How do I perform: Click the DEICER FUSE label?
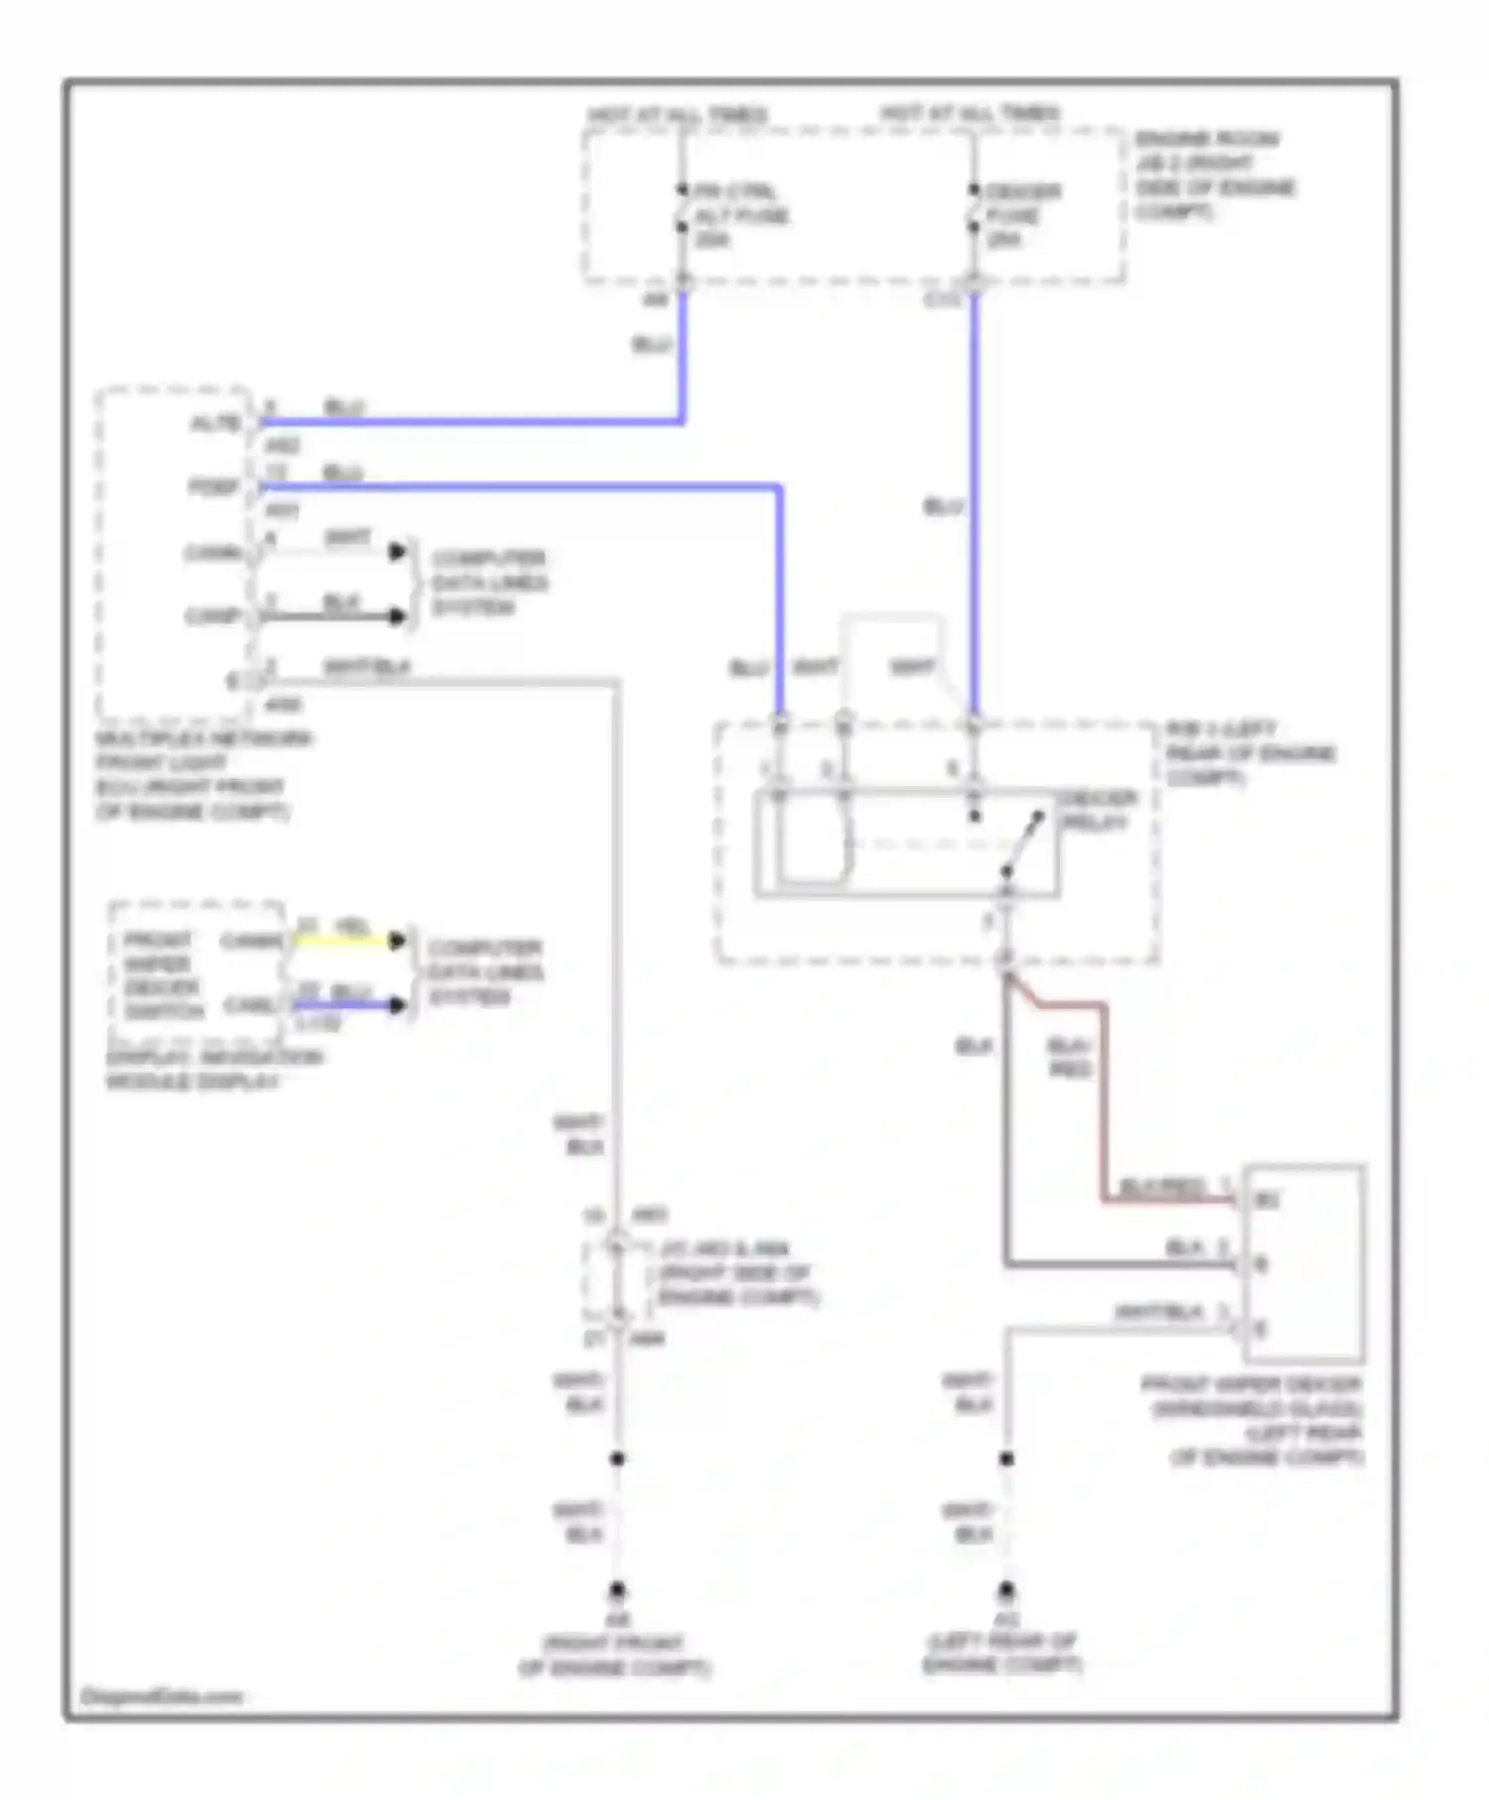click(1022, 214)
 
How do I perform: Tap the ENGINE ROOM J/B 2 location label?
click(1214, 176)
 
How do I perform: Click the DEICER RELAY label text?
click(1096, 810)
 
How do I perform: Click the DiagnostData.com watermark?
click(161, 1696)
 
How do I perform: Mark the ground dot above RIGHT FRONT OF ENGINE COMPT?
click(617, 1589)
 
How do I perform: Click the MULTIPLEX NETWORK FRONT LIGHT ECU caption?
click(199, 775)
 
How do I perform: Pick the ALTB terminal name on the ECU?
click(215, 424)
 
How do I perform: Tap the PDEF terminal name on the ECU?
click(215, 487)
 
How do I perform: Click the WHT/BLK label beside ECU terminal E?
click(366, 668)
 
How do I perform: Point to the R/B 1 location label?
click(1249, 752)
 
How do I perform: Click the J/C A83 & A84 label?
click(737, 1272)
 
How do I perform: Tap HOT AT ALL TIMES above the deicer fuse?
click(970, 114)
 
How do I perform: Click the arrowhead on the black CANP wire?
click(398, 616)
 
